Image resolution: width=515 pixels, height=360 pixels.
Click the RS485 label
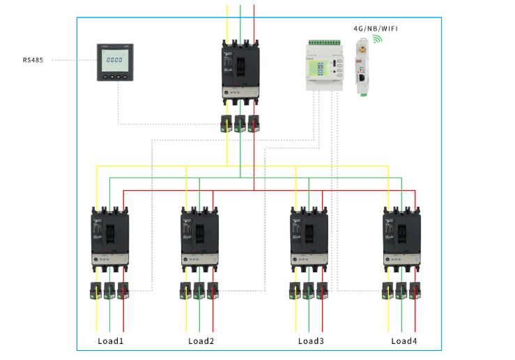click(x=32, y=61)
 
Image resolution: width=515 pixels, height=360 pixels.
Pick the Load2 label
click(x=201, y=341)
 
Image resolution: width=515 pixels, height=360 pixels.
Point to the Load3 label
click(x=311, y=341)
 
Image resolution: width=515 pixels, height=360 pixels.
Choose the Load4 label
click(x=403, y=341)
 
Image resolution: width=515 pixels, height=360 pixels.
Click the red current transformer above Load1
click(x=123, y=290)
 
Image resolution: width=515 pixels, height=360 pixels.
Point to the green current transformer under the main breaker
click(x=240, y=123)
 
